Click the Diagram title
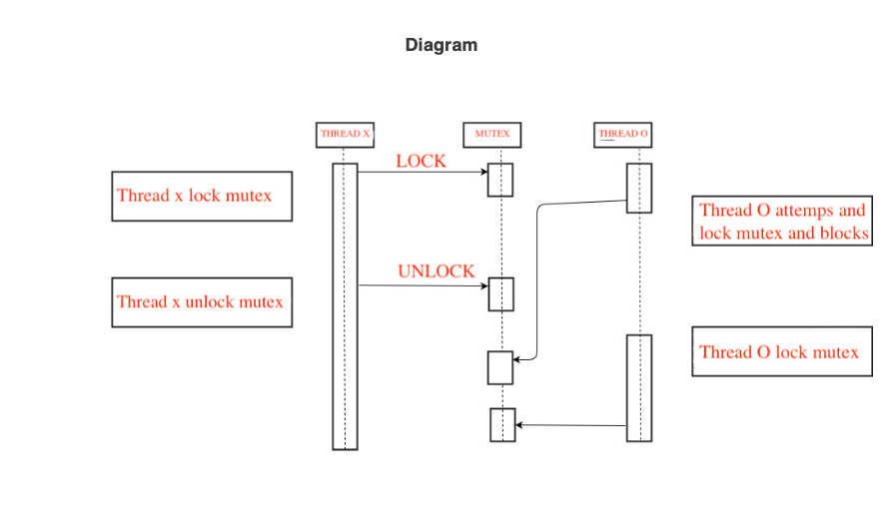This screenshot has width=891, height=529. point(441,45)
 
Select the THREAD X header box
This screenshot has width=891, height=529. point(345,134)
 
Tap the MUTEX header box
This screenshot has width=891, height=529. point(491,134)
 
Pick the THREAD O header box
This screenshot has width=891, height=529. point(623,134)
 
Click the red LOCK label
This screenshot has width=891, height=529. point(421,161)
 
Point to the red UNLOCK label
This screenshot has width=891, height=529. point(436,271)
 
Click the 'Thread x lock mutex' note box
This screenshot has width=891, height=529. point(201,196)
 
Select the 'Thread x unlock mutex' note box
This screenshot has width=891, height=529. point(201,302)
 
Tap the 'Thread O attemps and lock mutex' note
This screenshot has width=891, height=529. point(782,222)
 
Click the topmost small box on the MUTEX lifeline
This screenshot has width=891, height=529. point(500,180)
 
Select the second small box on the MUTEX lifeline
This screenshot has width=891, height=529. point(500,294)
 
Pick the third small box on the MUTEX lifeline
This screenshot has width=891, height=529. point(500,367)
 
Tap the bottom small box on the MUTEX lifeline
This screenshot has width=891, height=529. point(502,425)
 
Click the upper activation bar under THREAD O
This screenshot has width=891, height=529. point(639,188)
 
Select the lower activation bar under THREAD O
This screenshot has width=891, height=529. point(639,387)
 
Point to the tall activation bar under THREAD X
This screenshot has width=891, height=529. point(345,306)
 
